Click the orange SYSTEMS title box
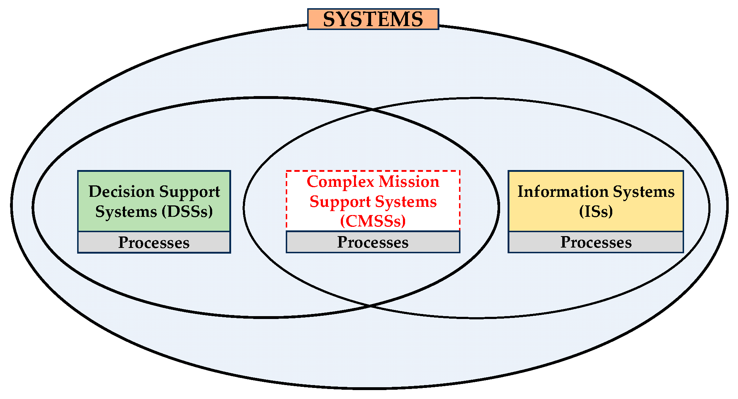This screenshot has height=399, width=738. click(373, 19)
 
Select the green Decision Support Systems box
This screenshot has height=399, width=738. click(154, 201)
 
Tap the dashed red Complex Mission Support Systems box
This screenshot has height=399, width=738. click(373, 201)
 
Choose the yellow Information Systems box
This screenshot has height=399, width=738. click(595, 201)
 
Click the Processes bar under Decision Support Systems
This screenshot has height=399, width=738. click(154, 243)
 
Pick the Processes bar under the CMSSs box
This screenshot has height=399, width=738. click(373, 242)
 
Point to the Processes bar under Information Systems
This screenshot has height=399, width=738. click(595, 242)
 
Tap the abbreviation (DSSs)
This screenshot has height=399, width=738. click(187, 211)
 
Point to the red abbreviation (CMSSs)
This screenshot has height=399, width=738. click(373, 221)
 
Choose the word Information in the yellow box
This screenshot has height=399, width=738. click(563, 191)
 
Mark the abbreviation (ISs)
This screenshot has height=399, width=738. click(596, 211)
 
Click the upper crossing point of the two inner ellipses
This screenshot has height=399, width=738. click(372, 109)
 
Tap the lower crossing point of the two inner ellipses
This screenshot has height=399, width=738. click(370, 306)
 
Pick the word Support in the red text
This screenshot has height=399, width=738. click(335, 202)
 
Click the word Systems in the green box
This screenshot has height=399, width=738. click(126, 211)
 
